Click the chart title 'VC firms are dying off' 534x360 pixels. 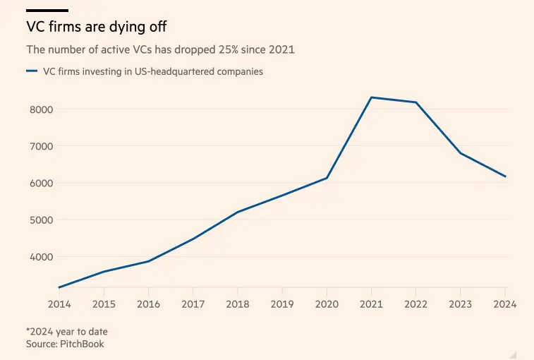(97, 28)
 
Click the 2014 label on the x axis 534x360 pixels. (59, 304)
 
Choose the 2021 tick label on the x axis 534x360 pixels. (371, 304)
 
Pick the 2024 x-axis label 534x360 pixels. (505, 304)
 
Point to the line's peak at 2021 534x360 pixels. (372, 97)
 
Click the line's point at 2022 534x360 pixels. (416, 102)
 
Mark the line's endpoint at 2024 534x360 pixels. (506, 176)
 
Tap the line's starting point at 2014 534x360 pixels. (59, 287)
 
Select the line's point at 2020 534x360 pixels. (327, 178)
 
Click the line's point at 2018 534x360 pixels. (238, 212)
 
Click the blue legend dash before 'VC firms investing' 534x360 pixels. (31, 71)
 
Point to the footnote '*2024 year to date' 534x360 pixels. (67, 331)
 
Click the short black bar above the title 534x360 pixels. (47, 11)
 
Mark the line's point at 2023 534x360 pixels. (461, 153)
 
